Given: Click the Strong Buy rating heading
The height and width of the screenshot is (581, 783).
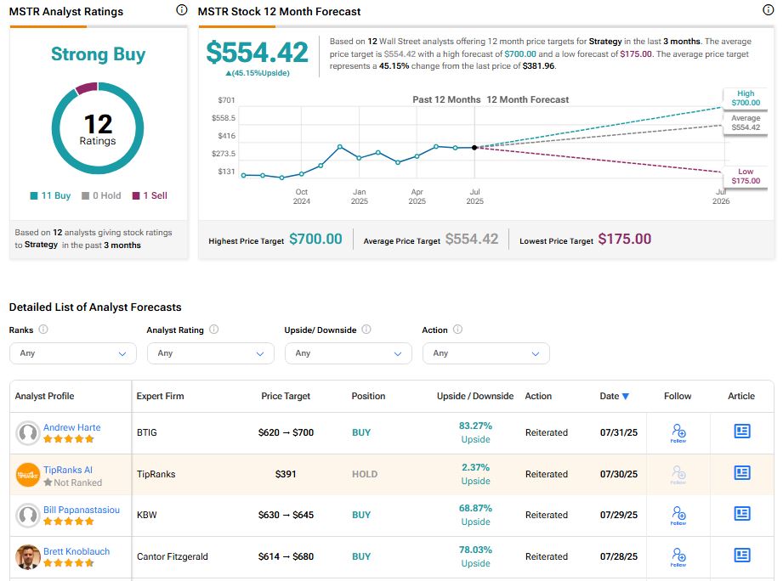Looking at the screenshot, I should pyautogui.click(x=98, y=54).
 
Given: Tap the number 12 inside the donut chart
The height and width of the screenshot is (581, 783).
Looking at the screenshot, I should pyautogui.click(x=98, y=124).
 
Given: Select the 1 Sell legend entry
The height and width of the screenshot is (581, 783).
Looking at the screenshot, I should pyautogui.click(x=149, y=195).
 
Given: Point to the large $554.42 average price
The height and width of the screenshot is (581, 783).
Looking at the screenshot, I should pyautogui.click(x=257, y=53).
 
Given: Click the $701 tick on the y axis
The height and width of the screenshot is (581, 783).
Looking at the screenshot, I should pyautogui.click(x=225, y=100).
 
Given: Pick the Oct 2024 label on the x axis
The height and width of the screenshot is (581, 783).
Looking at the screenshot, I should pyautogui.click(x=302, y=196).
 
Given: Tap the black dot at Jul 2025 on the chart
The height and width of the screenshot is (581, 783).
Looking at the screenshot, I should pyautogui.click(x=474, y=147).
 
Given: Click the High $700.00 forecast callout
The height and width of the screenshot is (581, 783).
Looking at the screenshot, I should pyautogui.click(x=746, y=98).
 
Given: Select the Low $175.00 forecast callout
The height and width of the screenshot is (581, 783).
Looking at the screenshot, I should pyautogui.click(x=746, y=176).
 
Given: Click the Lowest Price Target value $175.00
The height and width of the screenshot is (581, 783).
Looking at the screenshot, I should pyautogui.click(x=624, y=240).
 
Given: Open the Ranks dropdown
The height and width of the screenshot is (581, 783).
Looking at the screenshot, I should pyautogui.click(x=72, y=353).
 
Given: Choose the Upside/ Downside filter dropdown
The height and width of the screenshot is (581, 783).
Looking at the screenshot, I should pyautogui.click(x=348, y=353).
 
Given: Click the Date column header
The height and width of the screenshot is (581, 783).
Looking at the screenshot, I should pyautogui.click(x=614, y=396).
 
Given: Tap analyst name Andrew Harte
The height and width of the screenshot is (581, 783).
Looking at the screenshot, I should pyautogui.click(x=71, y=427).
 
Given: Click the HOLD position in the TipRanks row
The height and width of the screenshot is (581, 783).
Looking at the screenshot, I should pyautogui.click(x=365, y=474).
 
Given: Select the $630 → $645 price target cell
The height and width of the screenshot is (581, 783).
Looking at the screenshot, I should pyautogui.click(x=286, y=515).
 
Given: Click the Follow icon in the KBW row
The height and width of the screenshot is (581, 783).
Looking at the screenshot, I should pyautogui.click(x=678, y=515).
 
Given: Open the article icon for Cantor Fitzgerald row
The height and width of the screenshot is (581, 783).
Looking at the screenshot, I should pyautogui.click(x=741, y=556).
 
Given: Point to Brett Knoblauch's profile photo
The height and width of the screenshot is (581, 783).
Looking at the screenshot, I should pyautogui.click(x=28, y=556).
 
